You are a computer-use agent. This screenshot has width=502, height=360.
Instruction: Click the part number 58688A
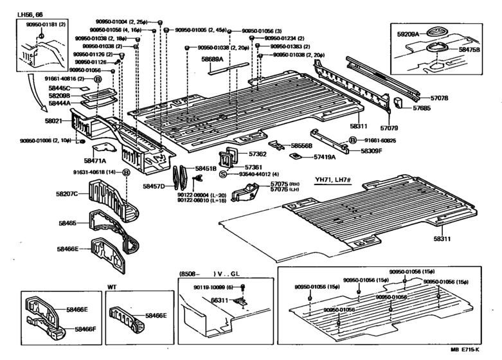[x=212, y=59]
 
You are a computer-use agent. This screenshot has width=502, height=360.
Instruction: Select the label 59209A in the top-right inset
[x=408, y=33]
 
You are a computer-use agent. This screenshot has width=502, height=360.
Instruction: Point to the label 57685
[x=422, y=109]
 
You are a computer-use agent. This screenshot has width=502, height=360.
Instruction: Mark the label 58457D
[x=154, y=186]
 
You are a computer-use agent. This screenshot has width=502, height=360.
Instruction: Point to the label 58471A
[x=94, y=160]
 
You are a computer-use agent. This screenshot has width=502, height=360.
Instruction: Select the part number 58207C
[x=67, y=193]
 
